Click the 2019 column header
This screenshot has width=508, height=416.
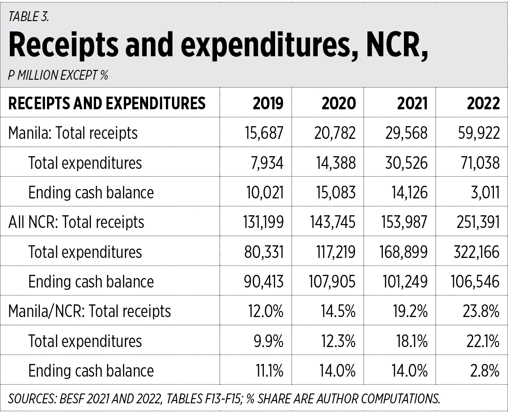pos(268,103)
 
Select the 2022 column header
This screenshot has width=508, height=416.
pos(483,103)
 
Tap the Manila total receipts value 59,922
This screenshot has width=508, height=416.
pos(480,133)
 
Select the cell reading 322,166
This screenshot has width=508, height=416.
pos(476,252)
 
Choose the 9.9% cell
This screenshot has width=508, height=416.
pos(269,341)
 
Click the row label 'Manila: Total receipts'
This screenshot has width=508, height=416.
pos(73,133)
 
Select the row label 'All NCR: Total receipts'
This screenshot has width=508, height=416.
pos(76,222)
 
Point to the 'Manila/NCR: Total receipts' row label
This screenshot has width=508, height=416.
pos(90,311)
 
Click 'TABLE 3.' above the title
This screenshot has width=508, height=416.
pos(29,17)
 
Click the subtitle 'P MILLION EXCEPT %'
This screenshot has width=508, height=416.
pos(58,75)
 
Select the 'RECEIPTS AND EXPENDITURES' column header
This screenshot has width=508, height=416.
pos(107,103)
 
